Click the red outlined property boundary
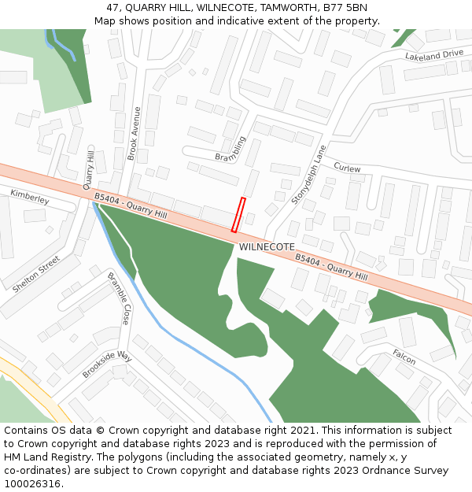238,215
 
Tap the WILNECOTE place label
267,247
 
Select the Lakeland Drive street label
434,55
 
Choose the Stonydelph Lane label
308,175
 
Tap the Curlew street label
347,168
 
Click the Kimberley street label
30,197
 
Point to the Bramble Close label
118,299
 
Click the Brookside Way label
108,365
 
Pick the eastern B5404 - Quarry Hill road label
331,267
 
